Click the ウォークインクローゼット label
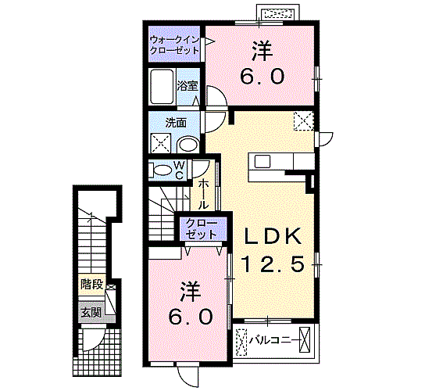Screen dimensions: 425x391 [x=174, y=45]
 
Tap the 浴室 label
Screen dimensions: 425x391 [x=187, y=86]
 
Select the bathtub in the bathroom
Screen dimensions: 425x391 [x=162, y=86]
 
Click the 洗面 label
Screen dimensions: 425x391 [x=176, y=123]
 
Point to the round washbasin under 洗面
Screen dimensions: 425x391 [x=188, y=145]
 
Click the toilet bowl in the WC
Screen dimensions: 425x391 [x=161, y=170]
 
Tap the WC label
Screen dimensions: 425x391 [x=179, y=170]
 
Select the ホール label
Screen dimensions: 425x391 [x=203, y=194]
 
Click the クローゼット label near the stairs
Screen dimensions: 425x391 [x=202, y=229]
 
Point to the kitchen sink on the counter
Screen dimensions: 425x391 [x=262, y=162]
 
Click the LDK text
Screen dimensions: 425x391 [x=273, y=236]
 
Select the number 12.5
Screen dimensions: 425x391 [x=273, y=264]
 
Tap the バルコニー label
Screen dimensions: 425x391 [x=273, y=339]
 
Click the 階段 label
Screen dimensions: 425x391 [x=92, y=285]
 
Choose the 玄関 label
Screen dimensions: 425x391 [x=91, y=313]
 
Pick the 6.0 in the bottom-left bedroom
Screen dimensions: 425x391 [x=190, y=317]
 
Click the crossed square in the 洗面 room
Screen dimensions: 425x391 [x=160, y=143]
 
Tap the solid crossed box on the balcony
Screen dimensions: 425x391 [x=305, y=340]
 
